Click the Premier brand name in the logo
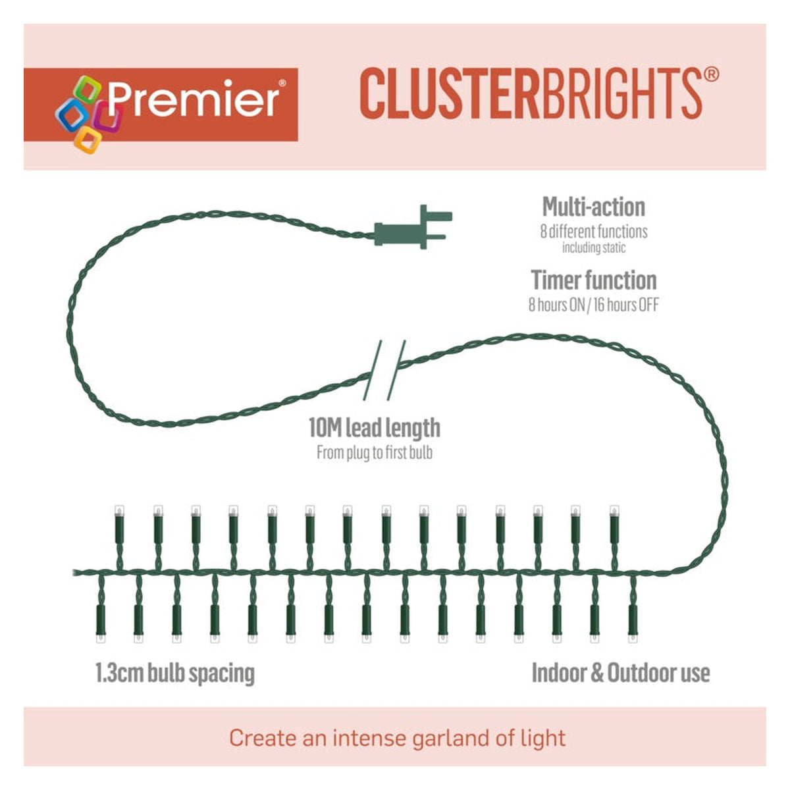[194, 99]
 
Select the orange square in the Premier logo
[88, 140]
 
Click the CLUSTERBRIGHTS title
[531, 94]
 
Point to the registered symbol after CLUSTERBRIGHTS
[711, 74]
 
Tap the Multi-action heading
[594, 207]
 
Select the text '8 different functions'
[594, 232]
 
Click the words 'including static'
[594, 248]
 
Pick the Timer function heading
[594, 280]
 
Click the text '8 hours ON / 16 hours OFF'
[594, 305]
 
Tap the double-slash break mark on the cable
[384, 370]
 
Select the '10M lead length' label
[375, 428]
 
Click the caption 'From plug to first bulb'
[375, 453]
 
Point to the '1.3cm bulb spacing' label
[175, 673]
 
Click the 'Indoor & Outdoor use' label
[621, 673]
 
